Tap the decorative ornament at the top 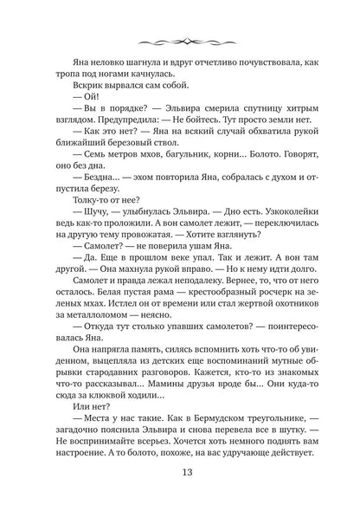[x=180, y=44]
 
